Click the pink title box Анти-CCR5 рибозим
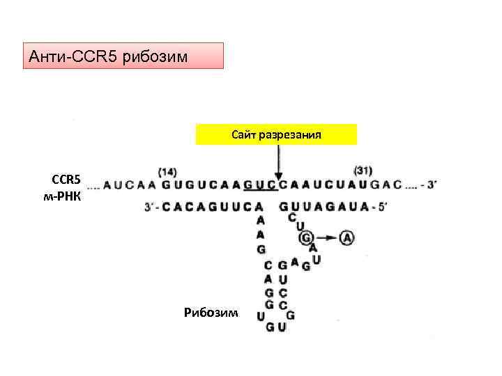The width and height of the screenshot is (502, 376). (123, 56)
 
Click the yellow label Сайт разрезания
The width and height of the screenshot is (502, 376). (276, 134)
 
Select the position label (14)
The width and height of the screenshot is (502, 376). (167, 171)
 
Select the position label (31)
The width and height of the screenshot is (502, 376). (363, 171)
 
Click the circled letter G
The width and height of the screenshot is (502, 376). (305, 238)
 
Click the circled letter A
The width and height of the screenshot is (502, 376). (347, 238)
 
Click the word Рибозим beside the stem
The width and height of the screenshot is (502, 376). (211, 313)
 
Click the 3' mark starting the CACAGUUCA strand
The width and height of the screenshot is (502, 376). (149, 206)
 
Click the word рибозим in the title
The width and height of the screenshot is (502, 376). (155, 56)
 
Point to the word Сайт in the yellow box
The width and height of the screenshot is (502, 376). (244, 134)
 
